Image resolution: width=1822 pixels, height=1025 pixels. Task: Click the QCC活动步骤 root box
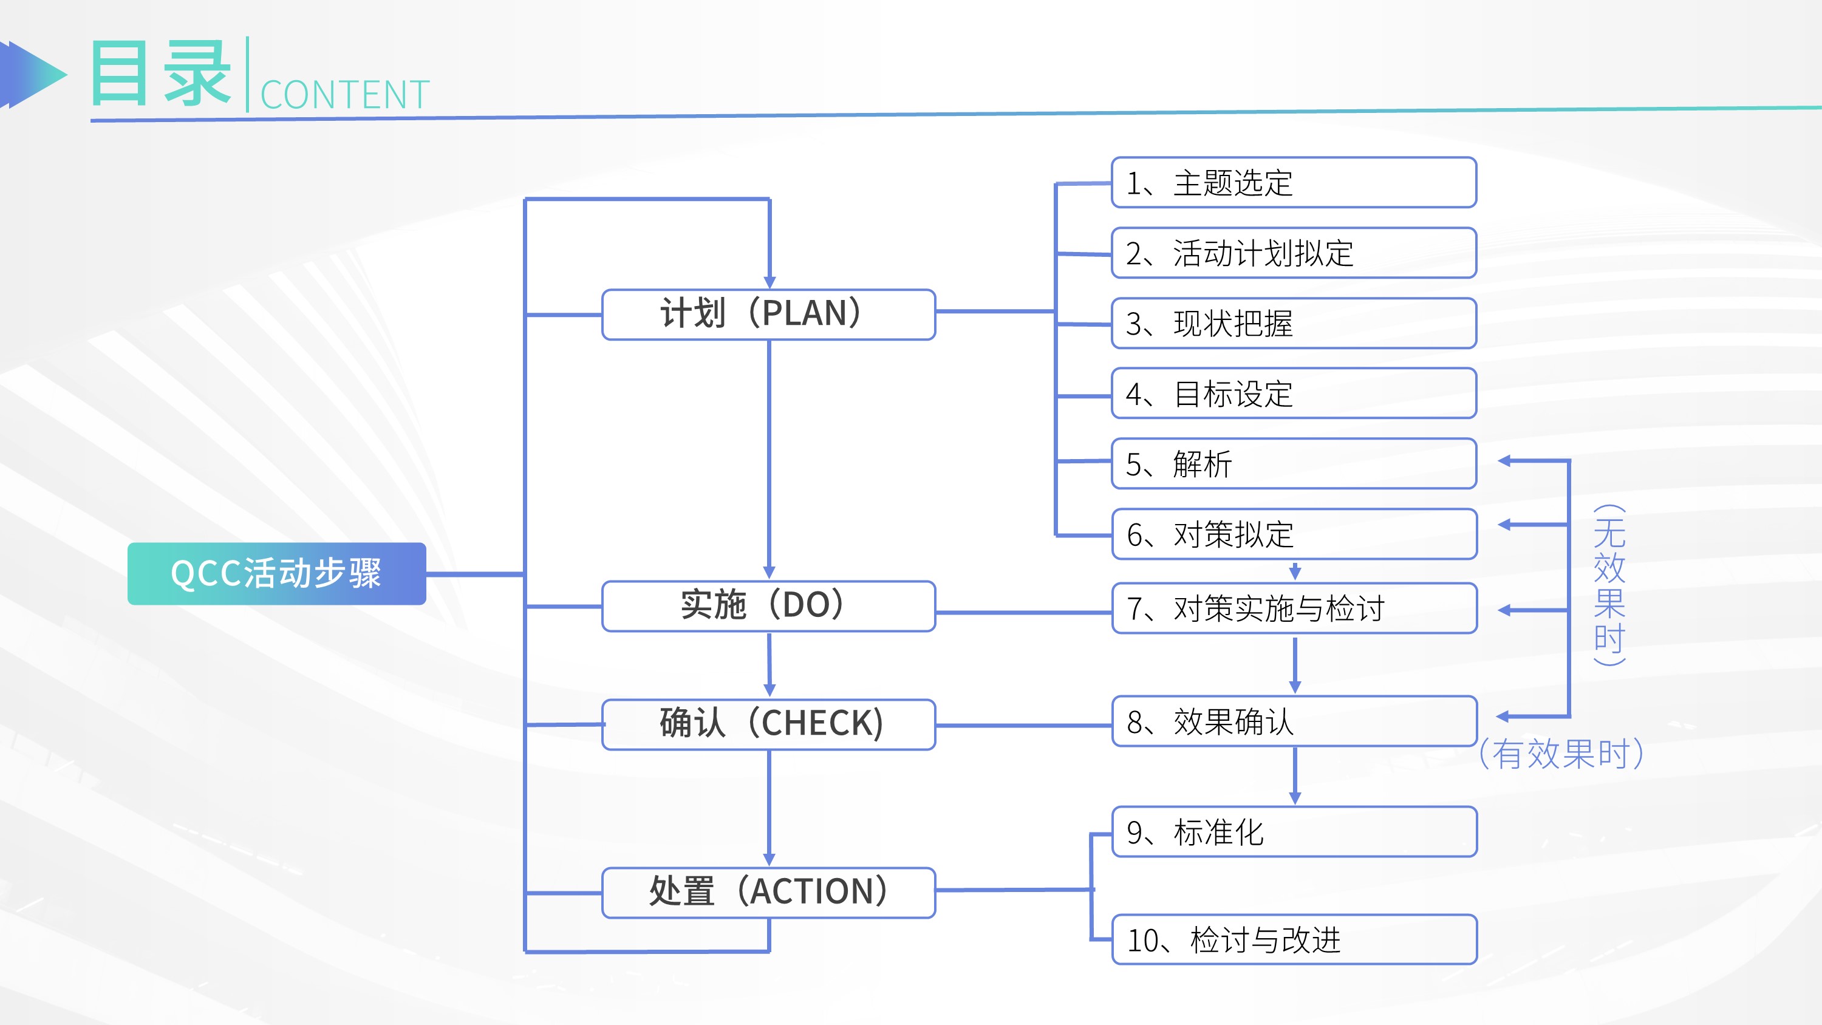point(276,574)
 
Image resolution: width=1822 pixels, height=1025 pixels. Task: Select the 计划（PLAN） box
point(769,314)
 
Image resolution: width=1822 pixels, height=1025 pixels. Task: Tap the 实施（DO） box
point(769,606)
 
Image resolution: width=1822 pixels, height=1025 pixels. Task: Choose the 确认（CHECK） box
point(769,724)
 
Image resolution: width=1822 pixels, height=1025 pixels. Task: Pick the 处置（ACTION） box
point(769,893)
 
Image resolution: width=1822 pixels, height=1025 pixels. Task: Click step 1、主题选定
point(1294,183)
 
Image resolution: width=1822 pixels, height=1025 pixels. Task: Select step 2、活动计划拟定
point(1294,253)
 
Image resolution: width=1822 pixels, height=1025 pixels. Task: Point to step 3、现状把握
point(1294,323)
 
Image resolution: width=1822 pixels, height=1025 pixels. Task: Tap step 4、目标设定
point(1294,393)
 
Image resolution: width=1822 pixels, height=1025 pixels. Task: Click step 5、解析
point(1294,463)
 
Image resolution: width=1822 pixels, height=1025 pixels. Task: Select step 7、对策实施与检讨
point(1294,608)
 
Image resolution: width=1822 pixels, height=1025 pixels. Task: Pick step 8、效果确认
point(1294,721)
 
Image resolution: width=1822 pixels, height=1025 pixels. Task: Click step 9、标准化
point(1294,832)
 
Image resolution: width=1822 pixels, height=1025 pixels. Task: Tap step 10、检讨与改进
point(1294,940)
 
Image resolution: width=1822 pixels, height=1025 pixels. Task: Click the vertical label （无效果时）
point(1609,585)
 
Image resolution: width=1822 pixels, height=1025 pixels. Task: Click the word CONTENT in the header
point(345,95)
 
